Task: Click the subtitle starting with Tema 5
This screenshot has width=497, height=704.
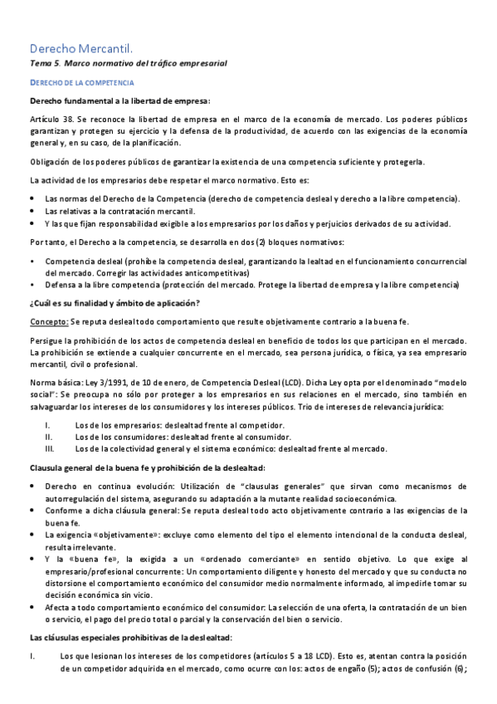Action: point(128,63)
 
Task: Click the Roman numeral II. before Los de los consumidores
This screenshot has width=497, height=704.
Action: point(48,437)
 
